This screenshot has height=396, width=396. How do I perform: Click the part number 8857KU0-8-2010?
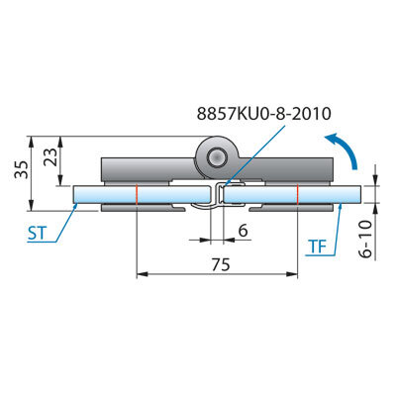(x=263, y=114)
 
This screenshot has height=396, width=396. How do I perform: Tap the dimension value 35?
(x=22, y=169)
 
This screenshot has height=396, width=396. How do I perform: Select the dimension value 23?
(x=50, y=156)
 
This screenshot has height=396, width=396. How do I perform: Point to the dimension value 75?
(x=221, y=264)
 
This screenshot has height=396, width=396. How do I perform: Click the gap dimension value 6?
(x=243, y=231)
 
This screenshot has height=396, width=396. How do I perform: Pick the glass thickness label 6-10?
(x=365, y=239)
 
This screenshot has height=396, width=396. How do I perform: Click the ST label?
(x=37, y=234)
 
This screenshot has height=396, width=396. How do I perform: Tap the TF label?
(x=317, y=247)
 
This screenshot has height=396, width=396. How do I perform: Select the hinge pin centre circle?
(x=217, y=156)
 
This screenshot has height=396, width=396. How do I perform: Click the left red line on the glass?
(x=137, y=194)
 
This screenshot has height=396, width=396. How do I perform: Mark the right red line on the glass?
(x=298, y=194)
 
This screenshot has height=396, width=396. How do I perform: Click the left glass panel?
(x=142, y=194)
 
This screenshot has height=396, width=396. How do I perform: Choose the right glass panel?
(x=292, y=194)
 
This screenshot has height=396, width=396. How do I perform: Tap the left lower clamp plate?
(x=143, y=208)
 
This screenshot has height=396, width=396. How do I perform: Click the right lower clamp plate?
(x=291, y=208)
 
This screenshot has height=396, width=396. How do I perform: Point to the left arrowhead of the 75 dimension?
(x=142, y=274)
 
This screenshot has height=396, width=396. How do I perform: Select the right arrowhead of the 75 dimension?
(x=292, y=274)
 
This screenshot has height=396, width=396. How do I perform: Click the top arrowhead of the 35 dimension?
(x=32, y=142)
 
